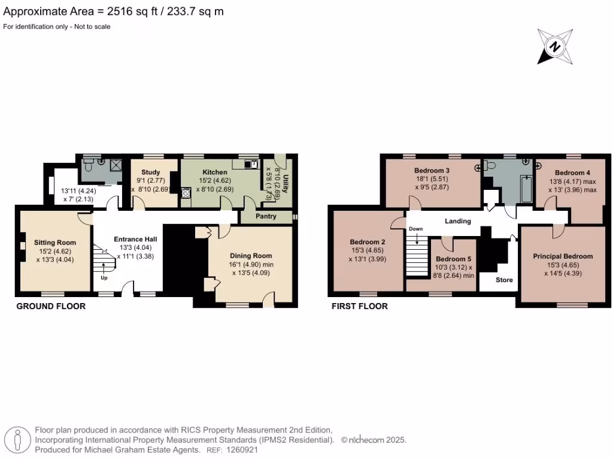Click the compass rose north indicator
[555, 46]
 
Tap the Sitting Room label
[54, 243]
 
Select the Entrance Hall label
[135, 239]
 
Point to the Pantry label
[266, 216]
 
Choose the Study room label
[150, 172]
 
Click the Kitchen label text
[214, 172]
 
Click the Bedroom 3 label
[432, 171]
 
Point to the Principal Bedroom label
[563, 256]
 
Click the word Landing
[458, 221]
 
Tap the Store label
[505, 280]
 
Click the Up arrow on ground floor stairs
[105, 277]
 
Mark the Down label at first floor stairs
[416, 229]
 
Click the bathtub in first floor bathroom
[525, 188]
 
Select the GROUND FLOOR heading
[50, 306]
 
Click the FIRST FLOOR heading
[360, 306]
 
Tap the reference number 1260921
[242, 450]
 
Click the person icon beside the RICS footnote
[19, 440]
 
